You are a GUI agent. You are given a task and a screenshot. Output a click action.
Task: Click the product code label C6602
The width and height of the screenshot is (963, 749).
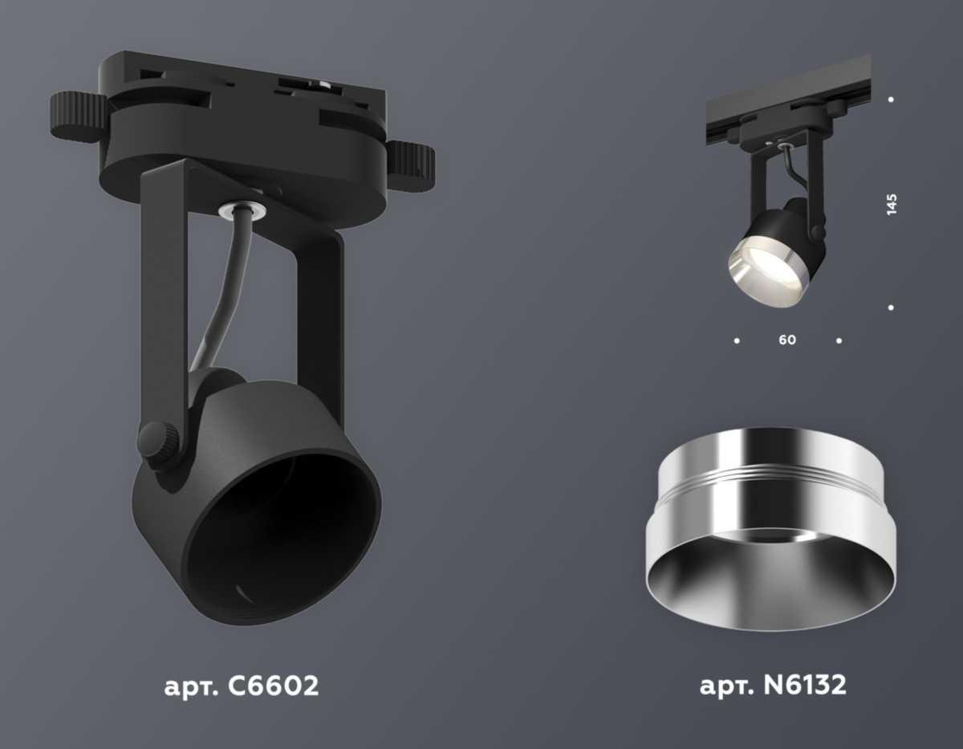[x=241, y=686]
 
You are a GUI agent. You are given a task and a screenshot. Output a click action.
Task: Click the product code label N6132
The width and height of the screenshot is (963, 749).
[x=773, y=686]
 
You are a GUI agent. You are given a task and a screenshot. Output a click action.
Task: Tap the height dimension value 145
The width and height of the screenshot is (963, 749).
[x=892, y=204]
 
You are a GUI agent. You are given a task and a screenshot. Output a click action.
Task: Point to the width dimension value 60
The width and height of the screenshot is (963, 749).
[x=787, y=340]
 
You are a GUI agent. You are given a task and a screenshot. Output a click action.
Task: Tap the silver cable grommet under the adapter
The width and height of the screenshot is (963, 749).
[x=242, y=210]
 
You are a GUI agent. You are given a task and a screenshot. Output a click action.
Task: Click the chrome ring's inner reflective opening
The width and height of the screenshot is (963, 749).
[x=770, y=578]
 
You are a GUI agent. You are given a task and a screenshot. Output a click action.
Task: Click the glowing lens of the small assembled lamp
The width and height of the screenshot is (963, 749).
[x=758, y=269]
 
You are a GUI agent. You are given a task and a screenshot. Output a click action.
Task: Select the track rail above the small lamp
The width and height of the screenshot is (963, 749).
[x=786, y=100]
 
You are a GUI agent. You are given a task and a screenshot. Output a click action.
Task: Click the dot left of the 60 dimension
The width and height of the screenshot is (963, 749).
[x=737, y=340]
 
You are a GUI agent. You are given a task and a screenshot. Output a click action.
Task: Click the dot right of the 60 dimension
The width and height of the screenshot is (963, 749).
[x=839, y=340]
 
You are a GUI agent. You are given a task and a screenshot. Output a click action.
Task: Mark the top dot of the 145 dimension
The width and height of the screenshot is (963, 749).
[x=892, y=100]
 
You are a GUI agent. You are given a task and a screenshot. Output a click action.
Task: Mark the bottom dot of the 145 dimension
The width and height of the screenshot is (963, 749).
[x=892, y=307]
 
